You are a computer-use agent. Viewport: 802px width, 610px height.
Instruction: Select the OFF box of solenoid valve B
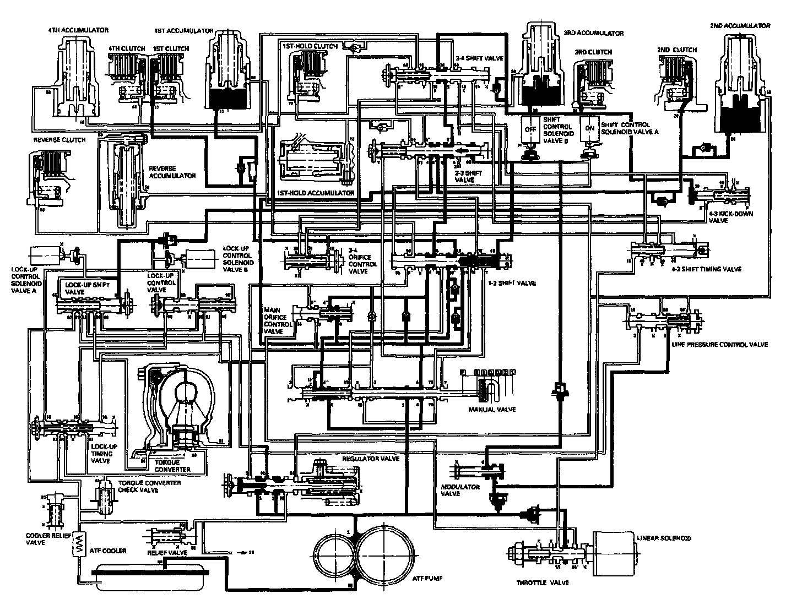coord(530,129)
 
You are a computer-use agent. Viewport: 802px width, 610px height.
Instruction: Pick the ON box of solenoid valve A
coord(589,128)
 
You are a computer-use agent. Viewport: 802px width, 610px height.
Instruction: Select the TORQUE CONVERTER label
coord(172,465)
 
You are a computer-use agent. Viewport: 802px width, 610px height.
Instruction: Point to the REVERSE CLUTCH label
coord(59,140)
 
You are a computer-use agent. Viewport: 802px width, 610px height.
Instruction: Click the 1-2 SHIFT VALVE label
coord(512,283)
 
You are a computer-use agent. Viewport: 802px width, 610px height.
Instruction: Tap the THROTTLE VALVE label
coord(542,582)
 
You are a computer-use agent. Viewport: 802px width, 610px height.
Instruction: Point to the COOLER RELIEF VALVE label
coord(44,538)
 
